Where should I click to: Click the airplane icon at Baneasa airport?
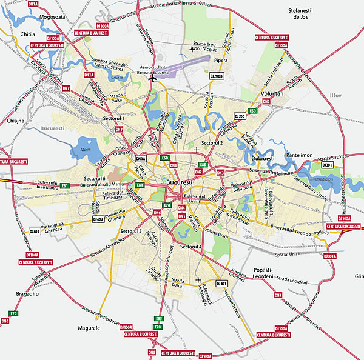[x=152, y=77]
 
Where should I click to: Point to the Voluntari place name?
[x=272, y=95]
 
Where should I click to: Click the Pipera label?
[x=220, y=61]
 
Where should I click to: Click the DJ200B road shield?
[x=217, y=75]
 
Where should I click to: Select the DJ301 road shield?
[x=328, y=165]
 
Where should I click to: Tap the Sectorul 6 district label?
[x=95, y=178]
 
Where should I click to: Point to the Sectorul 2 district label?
[x=212, y=142]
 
